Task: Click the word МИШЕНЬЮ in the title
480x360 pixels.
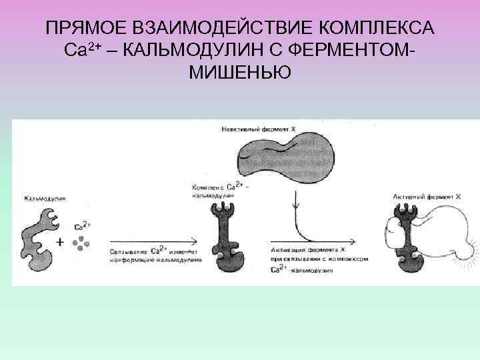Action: (x=240, y=71)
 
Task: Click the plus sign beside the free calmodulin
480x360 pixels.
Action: (x=60, y=243)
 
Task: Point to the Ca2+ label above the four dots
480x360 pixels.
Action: (x=82, y=225)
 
